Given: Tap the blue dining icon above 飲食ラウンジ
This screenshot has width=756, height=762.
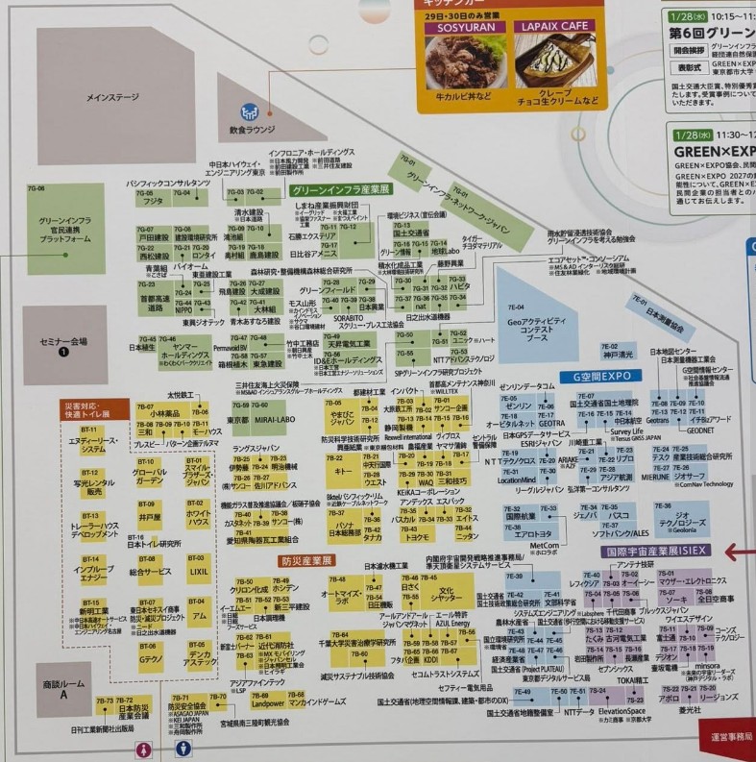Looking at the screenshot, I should coord(250,111).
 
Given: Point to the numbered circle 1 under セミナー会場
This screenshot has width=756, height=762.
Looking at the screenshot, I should coord(64,352).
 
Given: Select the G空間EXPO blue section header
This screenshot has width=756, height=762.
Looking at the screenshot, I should coord(601,377).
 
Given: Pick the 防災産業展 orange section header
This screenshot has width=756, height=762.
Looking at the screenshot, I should coord(306,560).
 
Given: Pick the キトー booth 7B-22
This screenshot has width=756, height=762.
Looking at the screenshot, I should coord(340,470).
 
